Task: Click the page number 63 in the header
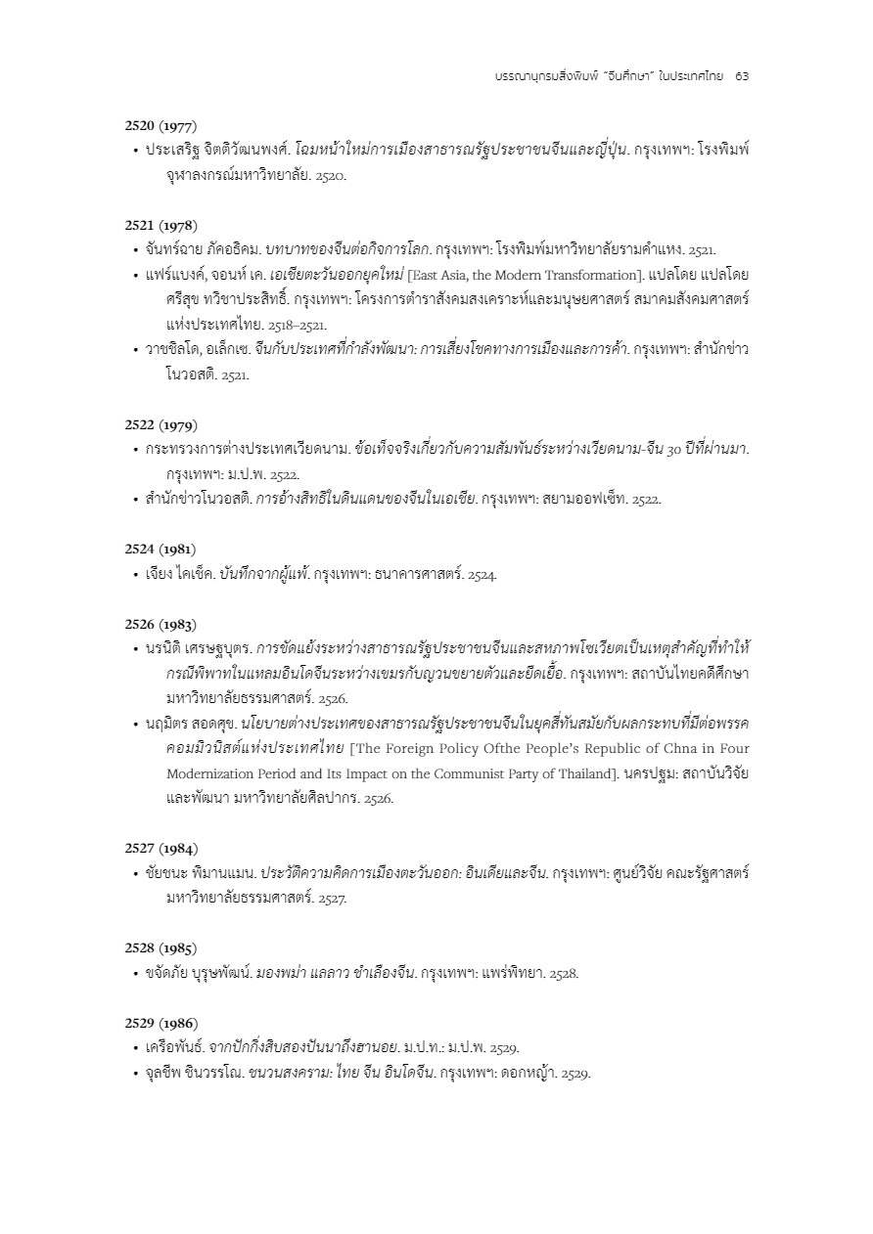[741, 75]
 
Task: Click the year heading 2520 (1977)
[161, 126]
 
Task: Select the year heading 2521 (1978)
[161, 225]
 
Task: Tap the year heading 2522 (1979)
[161, 424]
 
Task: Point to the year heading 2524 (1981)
[161, 550]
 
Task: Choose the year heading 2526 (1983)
[161, 624]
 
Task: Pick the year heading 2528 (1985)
[161, 948]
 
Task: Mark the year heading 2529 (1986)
[161, 1023]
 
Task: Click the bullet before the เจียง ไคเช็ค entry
[135, 575]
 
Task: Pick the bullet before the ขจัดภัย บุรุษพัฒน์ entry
[135, 973]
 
